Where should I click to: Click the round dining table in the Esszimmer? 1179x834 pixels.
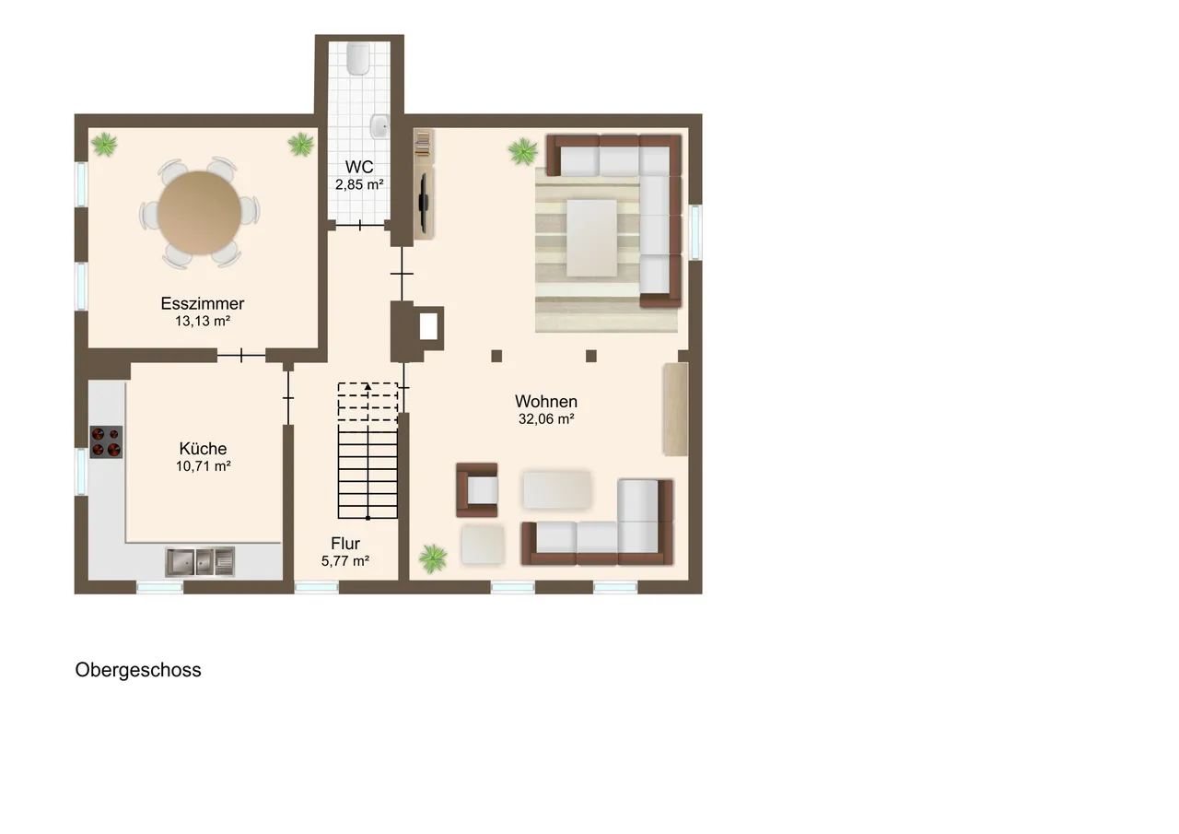200,213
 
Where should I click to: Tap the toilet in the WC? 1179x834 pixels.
358,58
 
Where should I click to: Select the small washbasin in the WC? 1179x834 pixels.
379,126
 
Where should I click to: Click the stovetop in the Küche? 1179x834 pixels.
106,441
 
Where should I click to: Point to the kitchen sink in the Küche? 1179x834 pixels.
200,561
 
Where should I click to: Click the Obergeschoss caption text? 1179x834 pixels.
138,670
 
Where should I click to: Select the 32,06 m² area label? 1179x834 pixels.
546,419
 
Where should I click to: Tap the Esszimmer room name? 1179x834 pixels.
203,303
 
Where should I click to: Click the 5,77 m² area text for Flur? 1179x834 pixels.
345,561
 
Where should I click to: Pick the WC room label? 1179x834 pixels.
359,167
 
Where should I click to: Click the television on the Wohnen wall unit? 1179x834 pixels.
423,202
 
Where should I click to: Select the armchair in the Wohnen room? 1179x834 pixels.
477,490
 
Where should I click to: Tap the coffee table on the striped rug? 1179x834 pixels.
591,238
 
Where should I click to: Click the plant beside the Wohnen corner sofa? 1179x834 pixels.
523,151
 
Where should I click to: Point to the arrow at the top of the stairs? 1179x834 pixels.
368,387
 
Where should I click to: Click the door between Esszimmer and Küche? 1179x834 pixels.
241,356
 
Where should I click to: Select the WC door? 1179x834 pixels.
360,226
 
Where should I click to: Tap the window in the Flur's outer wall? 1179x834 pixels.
316,587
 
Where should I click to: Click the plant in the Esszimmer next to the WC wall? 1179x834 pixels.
301,144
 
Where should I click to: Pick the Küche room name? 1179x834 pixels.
204,449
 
